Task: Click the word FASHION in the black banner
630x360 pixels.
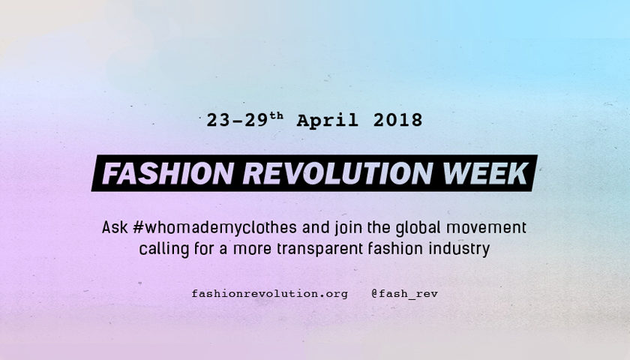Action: pyautogui.click(x=168, y=173)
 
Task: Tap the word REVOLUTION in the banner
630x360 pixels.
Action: pyautogui.click(x=337, y=173)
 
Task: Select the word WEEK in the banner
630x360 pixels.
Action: pyautogui.click(x=485, y=173)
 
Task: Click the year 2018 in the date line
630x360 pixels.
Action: pyautogui.click(x=397, y=120)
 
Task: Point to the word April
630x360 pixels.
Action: pyautogui.click(x=327, y=121)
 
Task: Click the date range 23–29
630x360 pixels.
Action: pyautogui.click(x=237, y=120)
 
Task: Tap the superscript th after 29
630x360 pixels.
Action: pyautogui.click(x=277, y=116)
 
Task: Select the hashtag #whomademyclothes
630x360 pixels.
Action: pyautogui.click(x=214, y=227)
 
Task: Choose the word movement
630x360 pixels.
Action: pyautogui.click(x=486, y=228)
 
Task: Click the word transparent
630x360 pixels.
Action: pyautogui.click(x=319, y=249)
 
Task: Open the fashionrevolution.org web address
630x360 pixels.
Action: pyautogui.click(x=269, y=294)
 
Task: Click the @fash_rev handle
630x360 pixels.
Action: pyautogui.click(x=404, y=294)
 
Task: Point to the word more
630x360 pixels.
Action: pyautogui.click(x=252, y=250)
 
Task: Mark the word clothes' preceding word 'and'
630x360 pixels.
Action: pyautogui.click(x=316, y=227)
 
